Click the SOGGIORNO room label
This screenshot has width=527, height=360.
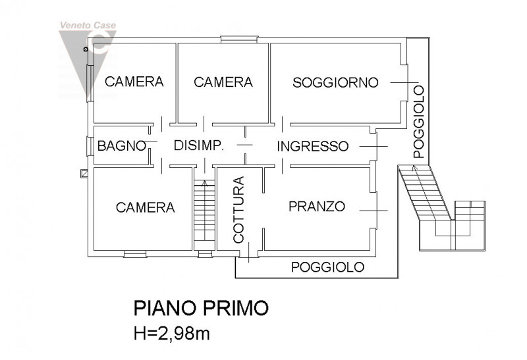click(x=336, y=82)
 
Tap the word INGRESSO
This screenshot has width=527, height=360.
click(x=312, y=146)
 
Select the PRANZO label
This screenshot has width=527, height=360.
click(x=317, y=207)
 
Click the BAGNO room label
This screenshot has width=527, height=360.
click(x=121, y=146)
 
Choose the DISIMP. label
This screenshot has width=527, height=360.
click(x=199, y=146)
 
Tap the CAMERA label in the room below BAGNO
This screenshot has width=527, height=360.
click(x=145, y=207)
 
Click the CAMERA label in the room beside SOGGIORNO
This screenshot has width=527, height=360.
click(x=223, y=82)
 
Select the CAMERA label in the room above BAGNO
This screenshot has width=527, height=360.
click(x=134, y=82)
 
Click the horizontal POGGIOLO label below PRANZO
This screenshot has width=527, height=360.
click(x=327, y=267)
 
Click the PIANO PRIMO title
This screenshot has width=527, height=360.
click(x=201, y=308)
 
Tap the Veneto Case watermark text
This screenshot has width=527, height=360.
click(x=88, y=26)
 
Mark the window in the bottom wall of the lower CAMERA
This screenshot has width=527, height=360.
click(x=135, y=254)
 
